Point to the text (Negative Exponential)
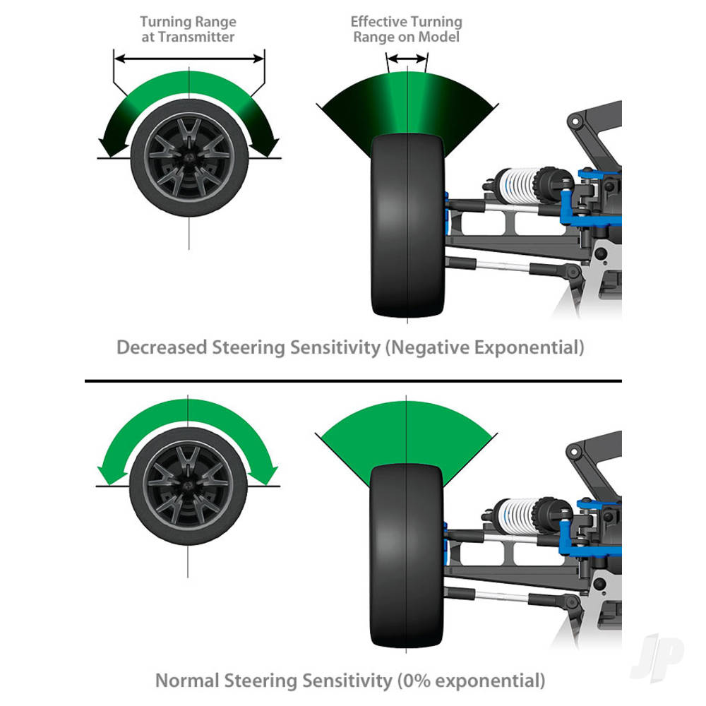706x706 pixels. click(x=485, y=348)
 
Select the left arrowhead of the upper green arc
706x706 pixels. click(x=109, y=147)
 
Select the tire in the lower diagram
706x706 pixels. click(x=407, y=558)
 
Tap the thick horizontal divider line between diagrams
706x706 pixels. click(x=353, y=381)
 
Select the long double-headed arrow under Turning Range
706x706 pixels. click(x=189, y=59)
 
